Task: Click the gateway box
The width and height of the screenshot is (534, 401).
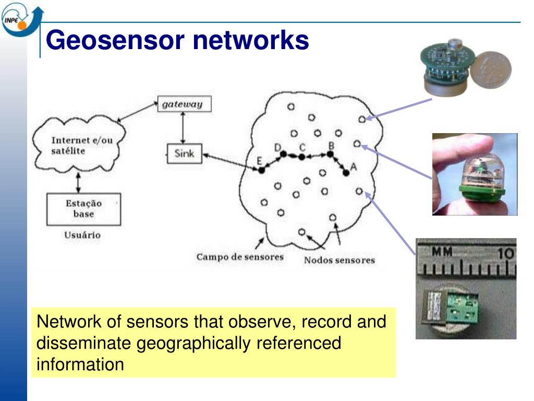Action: (181, 104)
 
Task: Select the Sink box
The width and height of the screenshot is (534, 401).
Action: (184, 154)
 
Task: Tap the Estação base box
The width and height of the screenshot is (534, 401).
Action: (83, 209)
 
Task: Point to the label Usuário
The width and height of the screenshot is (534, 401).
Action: (82, 235)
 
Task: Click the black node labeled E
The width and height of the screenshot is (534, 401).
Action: (261, 170)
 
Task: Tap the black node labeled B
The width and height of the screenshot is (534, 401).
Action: (330, 155)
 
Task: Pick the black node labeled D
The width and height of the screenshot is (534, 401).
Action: (283, 154)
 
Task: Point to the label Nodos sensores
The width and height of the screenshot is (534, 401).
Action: (339, 260)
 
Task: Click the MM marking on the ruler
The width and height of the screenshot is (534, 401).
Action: (442, 253)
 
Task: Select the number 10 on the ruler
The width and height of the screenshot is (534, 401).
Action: (505, 254)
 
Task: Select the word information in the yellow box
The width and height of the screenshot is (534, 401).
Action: (80, 364)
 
